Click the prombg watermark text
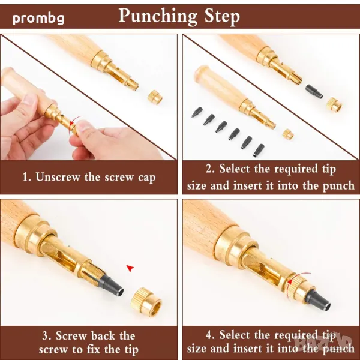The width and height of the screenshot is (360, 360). click(38, 19)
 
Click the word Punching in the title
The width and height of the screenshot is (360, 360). click(158, 16)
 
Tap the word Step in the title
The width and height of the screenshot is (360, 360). click(222, 17)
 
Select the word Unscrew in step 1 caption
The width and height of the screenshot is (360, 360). click(58, 177)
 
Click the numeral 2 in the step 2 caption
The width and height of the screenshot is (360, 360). click(209, 169)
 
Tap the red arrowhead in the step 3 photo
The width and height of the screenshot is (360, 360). click(130, 268)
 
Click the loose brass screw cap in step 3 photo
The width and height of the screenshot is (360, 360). click(146, 302)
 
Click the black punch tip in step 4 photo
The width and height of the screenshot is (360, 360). click(319, 301)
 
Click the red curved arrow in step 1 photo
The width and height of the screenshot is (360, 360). click(73, 124)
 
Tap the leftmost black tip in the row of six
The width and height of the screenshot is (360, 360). click(197, 112)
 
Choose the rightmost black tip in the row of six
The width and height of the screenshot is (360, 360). click(259, 151)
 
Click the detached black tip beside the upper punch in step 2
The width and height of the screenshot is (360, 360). click(314, 91)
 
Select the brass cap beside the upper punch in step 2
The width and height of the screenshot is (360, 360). click(334, 104)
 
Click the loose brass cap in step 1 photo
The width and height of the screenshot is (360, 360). click(155, 97)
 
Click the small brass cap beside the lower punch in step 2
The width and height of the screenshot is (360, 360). click(288, 134)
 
